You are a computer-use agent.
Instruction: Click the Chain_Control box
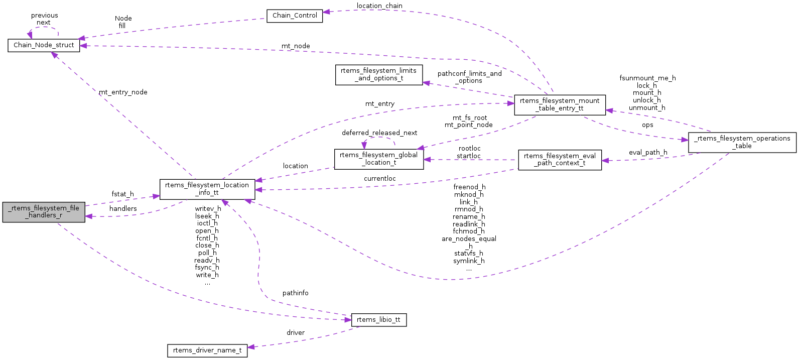[x=295, y=16]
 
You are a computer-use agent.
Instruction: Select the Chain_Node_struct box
[x=44, y=45]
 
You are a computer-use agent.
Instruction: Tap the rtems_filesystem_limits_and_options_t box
[x=378, y=75]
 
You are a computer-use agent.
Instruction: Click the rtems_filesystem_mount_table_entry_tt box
[x=560, y=105]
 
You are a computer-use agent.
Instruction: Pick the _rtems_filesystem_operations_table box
[x=742, y=143]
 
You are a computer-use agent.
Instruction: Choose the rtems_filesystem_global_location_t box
[x=378, y=159]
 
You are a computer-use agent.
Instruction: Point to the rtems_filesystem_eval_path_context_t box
[x=560, y=160]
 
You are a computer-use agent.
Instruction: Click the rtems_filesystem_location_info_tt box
[x=207, y=189]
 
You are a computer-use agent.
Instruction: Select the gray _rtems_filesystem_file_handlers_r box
[x=44, y=212]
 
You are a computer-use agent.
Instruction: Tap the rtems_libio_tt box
[x=378, y=320]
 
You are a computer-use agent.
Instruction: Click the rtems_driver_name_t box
[x=207, y=350]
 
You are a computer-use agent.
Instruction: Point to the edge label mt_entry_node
[x=123, y=92]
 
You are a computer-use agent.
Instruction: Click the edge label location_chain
[x=379, y=6]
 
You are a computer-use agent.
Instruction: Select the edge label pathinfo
[x=295, y=293]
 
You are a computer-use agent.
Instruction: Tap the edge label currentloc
[x=380, y=179]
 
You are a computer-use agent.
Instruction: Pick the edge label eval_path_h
[x=648, y=153]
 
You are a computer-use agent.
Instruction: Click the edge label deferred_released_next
[x=379, y=133]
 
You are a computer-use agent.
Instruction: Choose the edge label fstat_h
[x=122, y=194]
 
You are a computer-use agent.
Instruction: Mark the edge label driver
[x=296, y=333]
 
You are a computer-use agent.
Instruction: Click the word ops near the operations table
[x=647, y=125]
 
